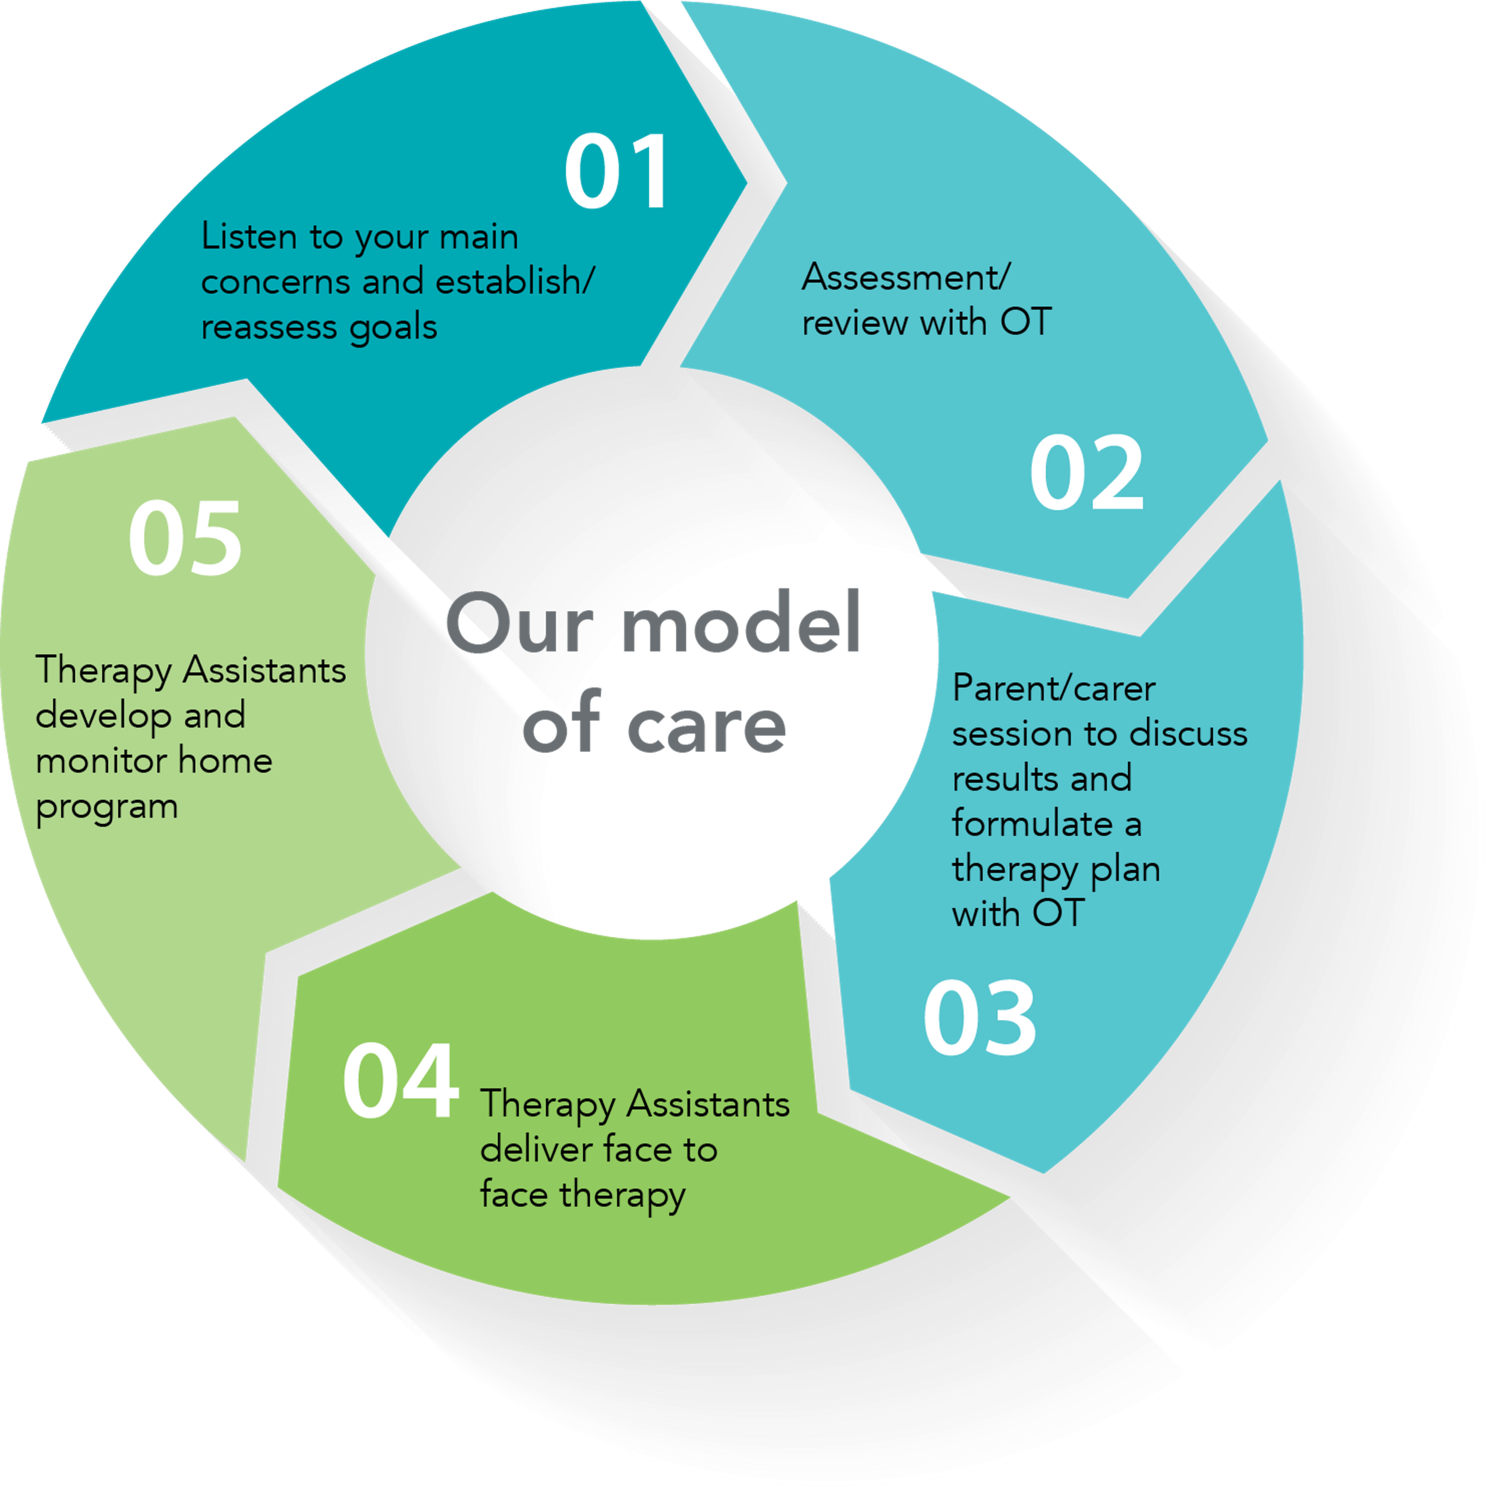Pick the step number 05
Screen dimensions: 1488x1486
pyautogui.click(x=185, y=538)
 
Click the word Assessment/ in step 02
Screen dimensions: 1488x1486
pyautogui.click(x=905, y=277)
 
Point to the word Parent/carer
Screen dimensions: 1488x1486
pyautogui.click(x=1053, y=689)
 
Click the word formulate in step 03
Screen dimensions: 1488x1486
pyautogui.click(x=1032, y=824)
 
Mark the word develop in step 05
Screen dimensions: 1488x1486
pyautogui.click(x=103, y=716)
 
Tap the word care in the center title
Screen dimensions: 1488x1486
pyautogui.click(x=706, y=726)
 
